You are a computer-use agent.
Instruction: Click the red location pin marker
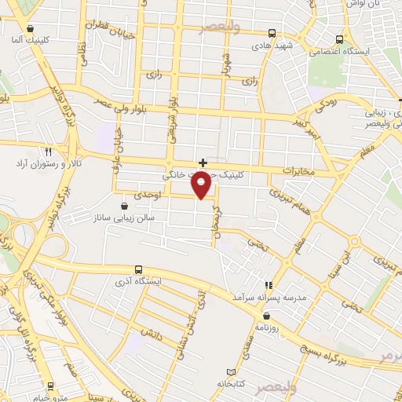tap(203, 186)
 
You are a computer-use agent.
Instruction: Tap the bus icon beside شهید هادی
tap(272, 33)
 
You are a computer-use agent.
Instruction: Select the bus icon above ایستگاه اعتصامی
tap(339, 38)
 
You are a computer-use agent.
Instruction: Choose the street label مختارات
tap(298, 170)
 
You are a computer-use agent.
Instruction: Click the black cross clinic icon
tap(203, 163)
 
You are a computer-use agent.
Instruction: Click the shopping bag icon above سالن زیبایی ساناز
tap(124, 205)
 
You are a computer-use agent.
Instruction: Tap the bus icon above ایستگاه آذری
tap(139, 269)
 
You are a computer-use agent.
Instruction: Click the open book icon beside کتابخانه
tap(230, 371)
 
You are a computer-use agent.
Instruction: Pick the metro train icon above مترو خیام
tap(51, 386)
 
